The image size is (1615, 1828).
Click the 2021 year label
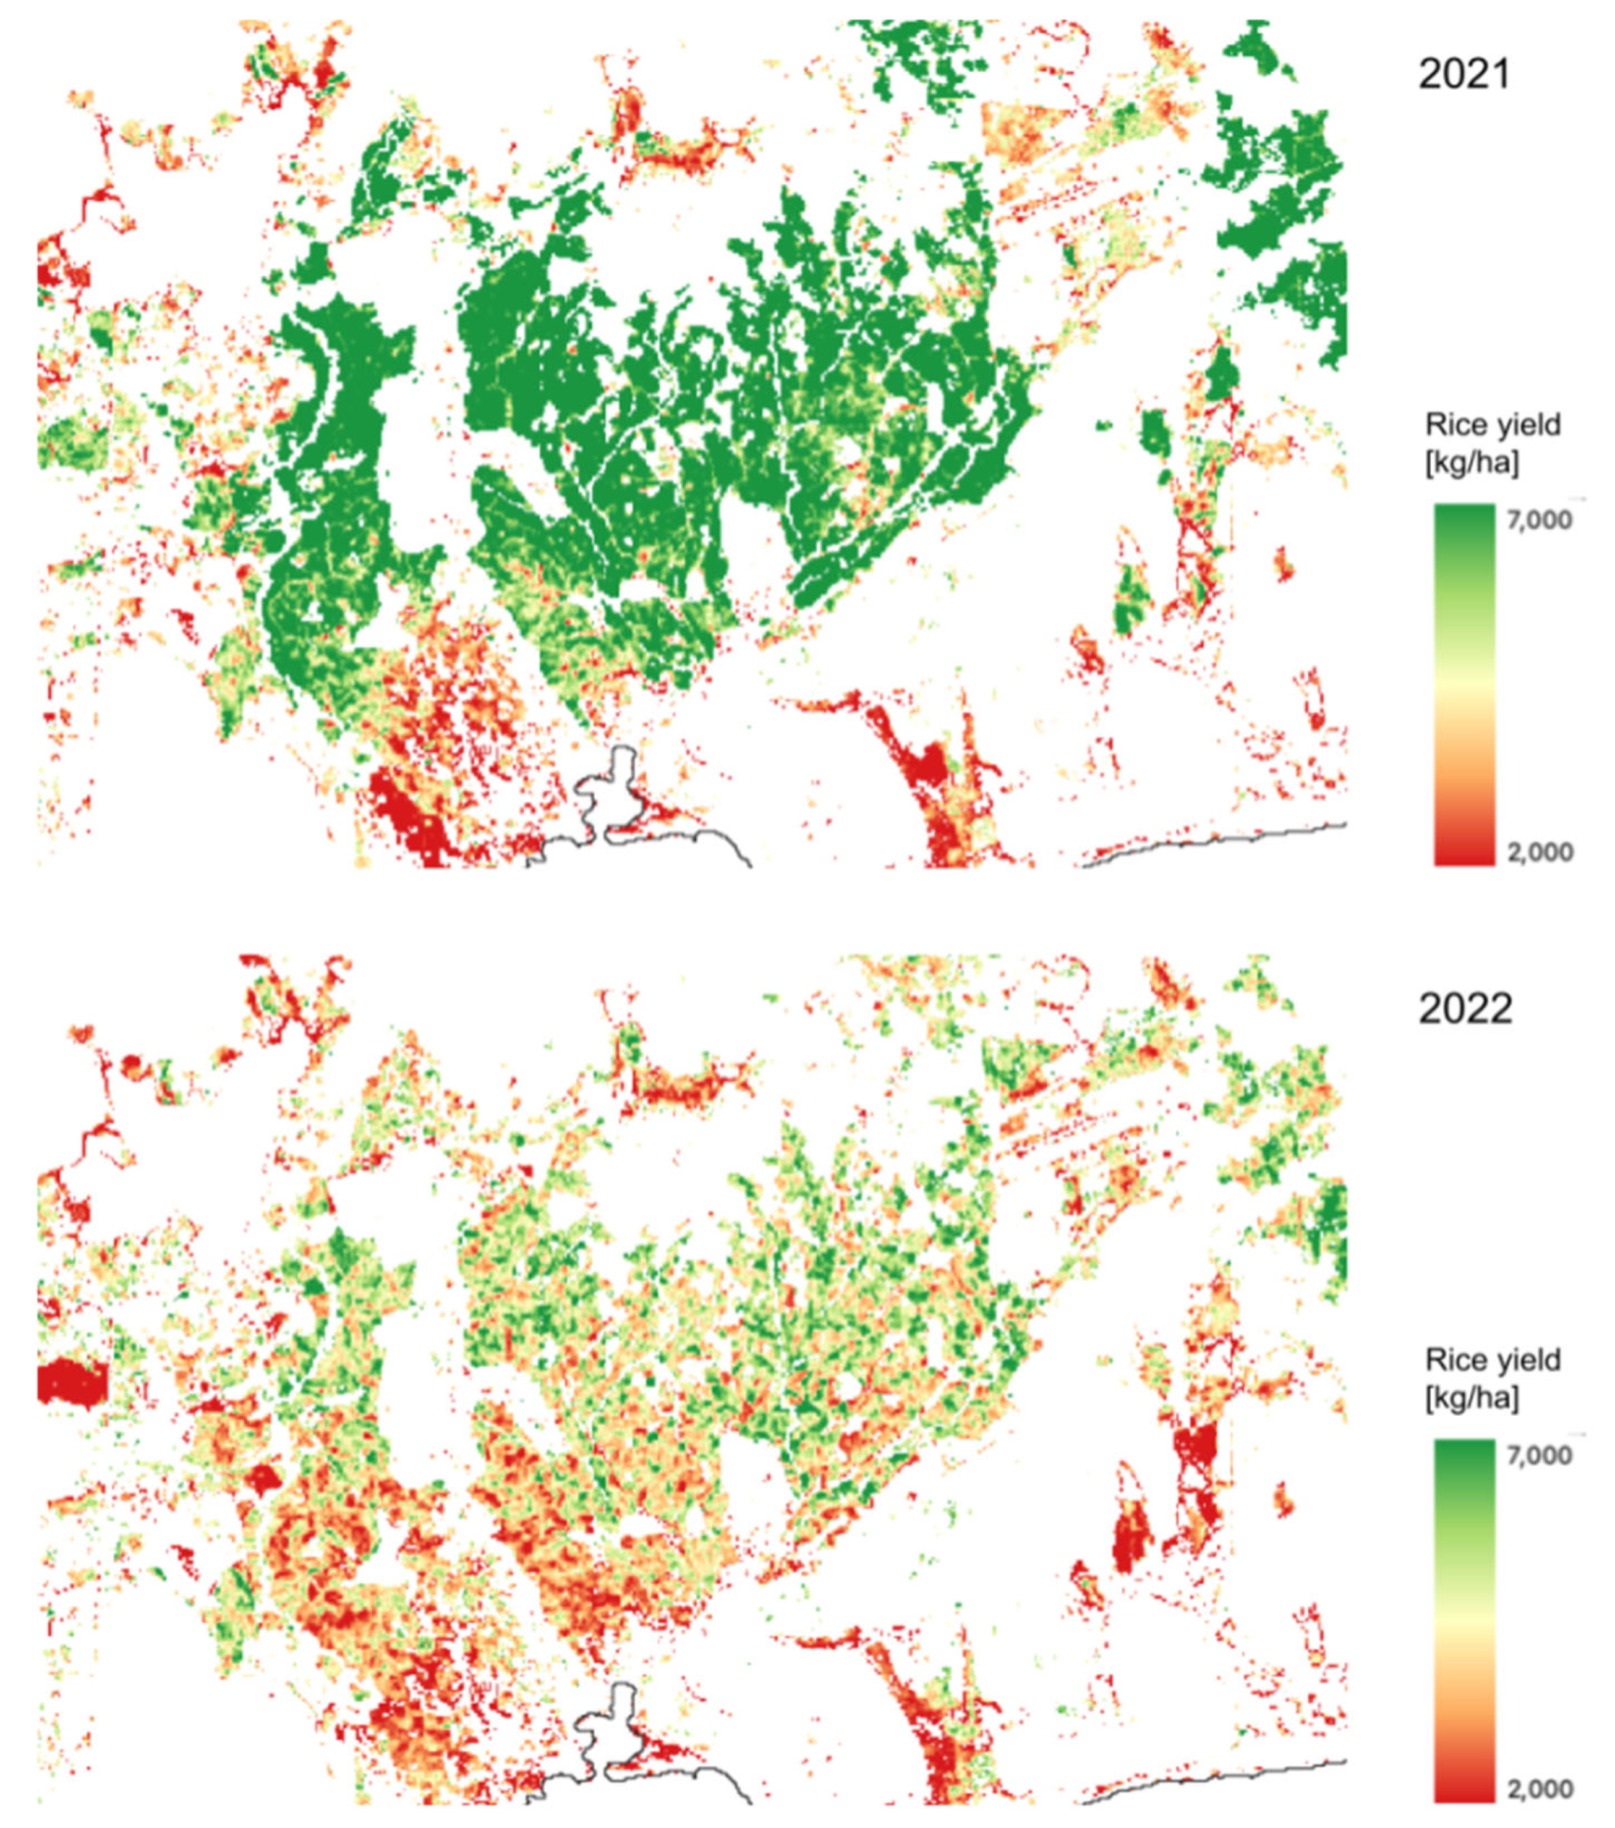click(1464, 74)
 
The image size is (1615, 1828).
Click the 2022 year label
click(1465, 1009)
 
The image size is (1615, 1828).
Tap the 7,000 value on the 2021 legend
click(1539, 521)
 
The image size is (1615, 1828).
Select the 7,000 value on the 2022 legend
click(1539, 1455)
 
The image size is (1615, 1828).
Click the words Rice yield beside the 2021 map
click(1493, 425)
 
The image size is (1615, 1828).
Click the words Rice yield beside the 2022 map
click(1493, 1359)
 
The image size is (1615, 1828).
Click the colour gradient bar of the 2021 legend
click(1464, 684)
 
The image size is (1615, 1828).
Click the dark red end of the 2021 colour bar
click(1464, 854)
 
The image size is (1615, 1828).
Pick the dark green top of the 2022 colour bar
click(1464, 1453)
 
